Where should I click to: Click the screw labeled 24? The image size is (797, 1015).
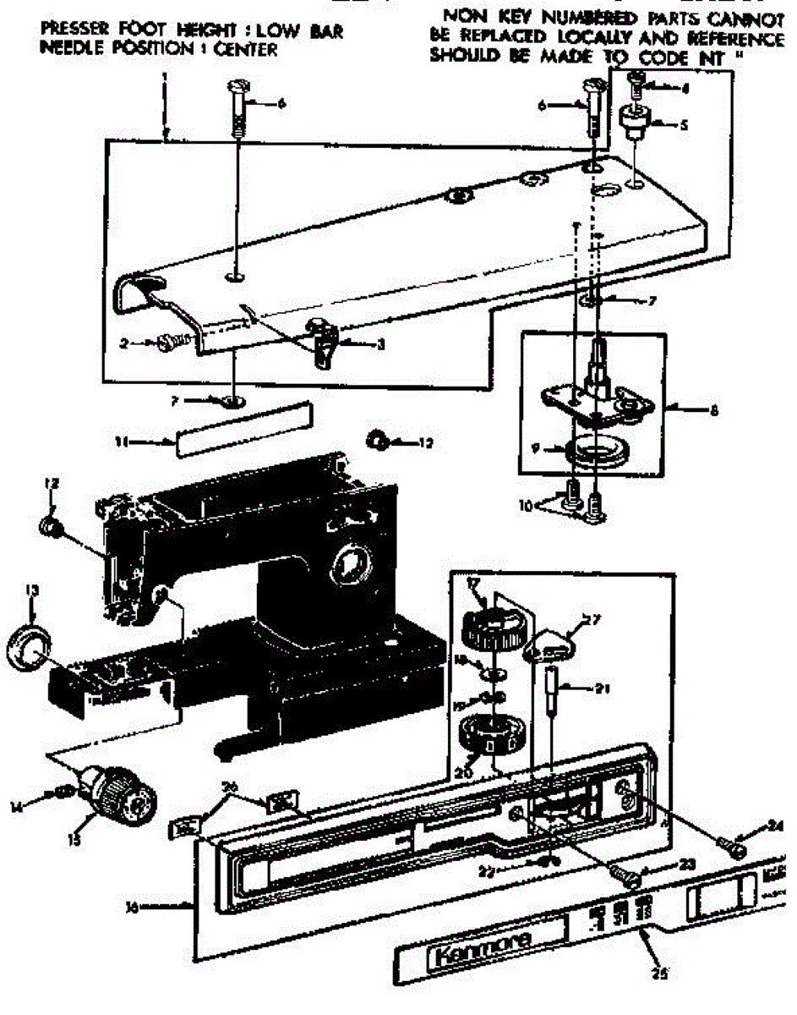[731, 842]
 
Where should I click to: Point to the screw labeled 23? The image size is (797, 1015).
[625, 876]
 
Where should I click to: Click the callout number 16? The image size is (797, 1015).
[132, 908]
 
